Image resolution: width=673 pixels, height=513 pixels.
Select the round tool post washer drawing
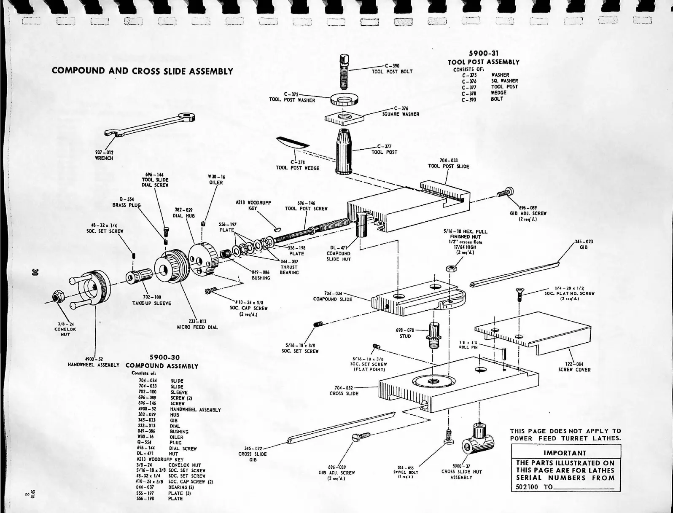tap(345, 99)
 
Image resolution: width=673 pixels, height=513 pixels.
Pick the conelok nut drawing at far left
tap(57, 297)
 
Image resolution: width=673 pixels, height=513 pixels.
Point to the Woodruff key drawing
tap(276, 229)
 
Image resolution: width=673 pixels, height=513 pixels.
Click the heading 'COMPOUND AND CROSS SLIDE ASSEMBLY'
tap(143, 71)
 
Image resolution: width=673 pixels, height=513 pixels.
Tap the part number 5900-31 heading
tap(484, 54)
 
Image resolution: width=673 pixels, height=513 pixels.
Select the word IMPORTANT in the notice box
tap(565, 453)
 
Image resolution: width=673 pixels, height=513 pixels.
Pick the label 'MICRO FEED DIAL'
tap(197, 327)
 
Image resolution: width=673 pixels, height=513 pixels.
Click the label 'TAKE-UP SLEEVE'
tap(151, 303)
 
